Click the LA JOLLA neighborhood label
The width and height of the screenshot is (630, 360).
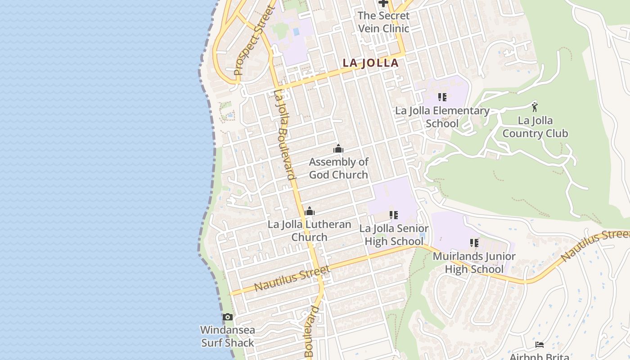tap(371, 63)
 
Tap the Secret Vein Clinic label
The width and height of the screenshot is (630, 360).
tap(383, 22)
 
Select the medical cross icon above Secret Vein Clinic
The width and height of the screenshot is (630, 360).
tap(383, 4)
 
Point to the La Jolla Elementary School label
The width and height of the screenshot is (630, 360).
tap(442, 117)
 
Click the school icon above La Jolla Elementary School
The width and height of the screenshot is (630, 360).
tap(442, 97)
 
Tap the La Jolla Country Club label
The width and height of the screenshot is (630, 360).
tap(535, 127)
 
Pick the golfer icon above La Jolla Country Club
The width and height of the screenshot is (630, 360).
tap(535, 107)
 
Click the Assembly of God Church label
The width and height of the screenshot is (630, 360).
tap(338, 168)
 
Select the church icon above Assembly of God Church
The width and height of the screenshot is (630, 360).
tap(338, 148)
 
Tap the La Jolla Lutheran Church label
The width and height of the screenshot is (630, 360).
tap(310, 230)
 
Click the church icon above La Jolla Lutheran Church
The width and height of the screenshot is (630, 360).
tap(310, 211)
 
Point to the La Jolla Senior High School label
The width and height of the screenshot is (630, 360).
tap(394, 235)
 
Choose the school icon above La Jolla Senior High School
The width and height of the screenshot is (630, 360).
tap(394, 215)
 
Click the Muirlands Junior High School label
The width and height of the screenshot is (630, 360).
tap(474, 263)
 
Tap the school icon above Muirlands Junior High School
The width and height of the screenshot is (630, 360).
tap(474, 243)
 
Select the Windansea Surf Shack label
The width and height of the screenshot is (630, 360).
tap(228, 336)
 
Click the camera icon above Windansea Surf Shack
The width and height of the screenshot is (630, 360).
tap(228, 317)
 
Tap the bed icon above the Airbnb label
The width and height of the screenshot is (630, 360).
tap(540, 345)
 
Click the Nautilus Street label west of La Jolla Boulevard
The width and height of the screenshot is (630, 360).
tap(292, 278)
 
